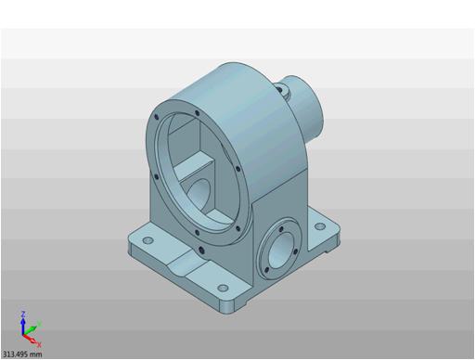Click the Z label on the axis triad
[x=22, y=315]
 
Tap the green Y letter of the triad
[x=39, y=324]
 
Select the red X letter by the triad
[x=39, y=344]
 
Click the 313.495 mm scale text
[x=21, y=354]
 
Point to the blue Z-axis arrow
[x=22, y=327]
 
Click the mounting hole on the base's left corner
[x=148, y=240]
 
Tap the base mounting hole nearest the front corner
[x=223, y=289]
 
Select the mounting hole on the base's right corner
[x=320, y=226]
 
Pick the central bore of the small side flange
[x=281, y=251]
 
